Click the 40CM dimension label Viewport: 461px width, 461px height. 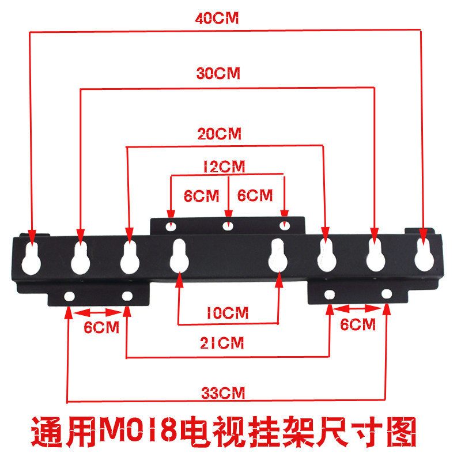tap(217, 18)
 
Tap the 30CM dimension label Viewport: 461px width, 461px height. tap(217, 74)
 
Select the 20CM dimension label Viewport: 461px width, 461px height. tap(219, 134)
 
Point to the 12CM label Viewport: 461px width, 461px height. tap(224, 167)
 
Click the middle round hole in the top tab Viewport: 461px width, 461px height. tap(229, 225)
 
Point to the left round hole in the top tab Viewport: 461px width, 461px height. tap(171, 226)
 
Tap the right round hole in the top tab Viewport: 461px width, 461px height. tap(284, 224)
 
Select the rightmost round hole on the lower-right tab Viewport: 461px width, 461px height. tap(387, 294)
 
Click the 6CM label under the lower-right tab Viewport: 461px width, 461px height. tap(358, 324)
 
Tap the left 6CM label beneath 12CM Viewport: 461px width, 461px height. tap(201, 195)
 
